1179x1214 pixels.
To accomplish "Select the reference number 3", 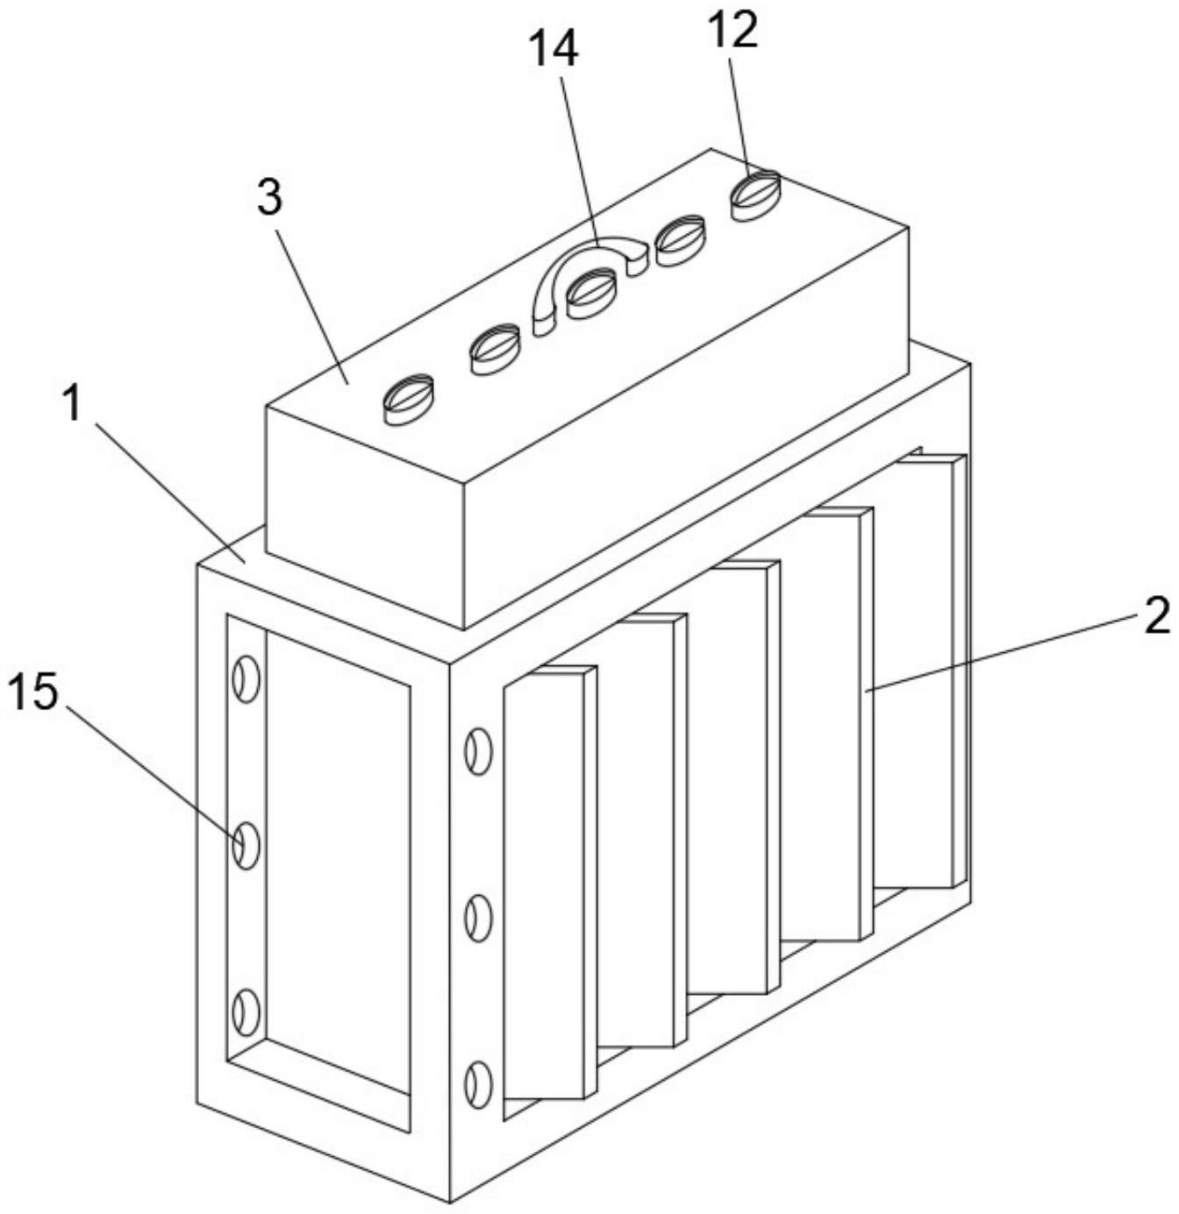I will tap(270, 199).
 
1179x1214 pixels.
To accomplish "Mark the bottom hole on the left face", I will tap(246, 1013).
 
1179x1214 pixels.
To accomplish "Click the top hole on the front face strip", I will tap(478, 751).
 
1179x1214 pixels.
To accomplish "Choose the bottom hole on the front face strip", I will tap(478, 1084).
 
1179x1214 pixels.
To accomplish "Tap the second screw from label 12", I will tap(681, 239).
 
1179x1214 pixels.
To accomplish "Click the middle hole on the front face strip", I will tap(478, 918).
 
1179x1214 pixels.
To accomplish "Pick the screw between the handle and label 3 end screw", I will tap(496, 348).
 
